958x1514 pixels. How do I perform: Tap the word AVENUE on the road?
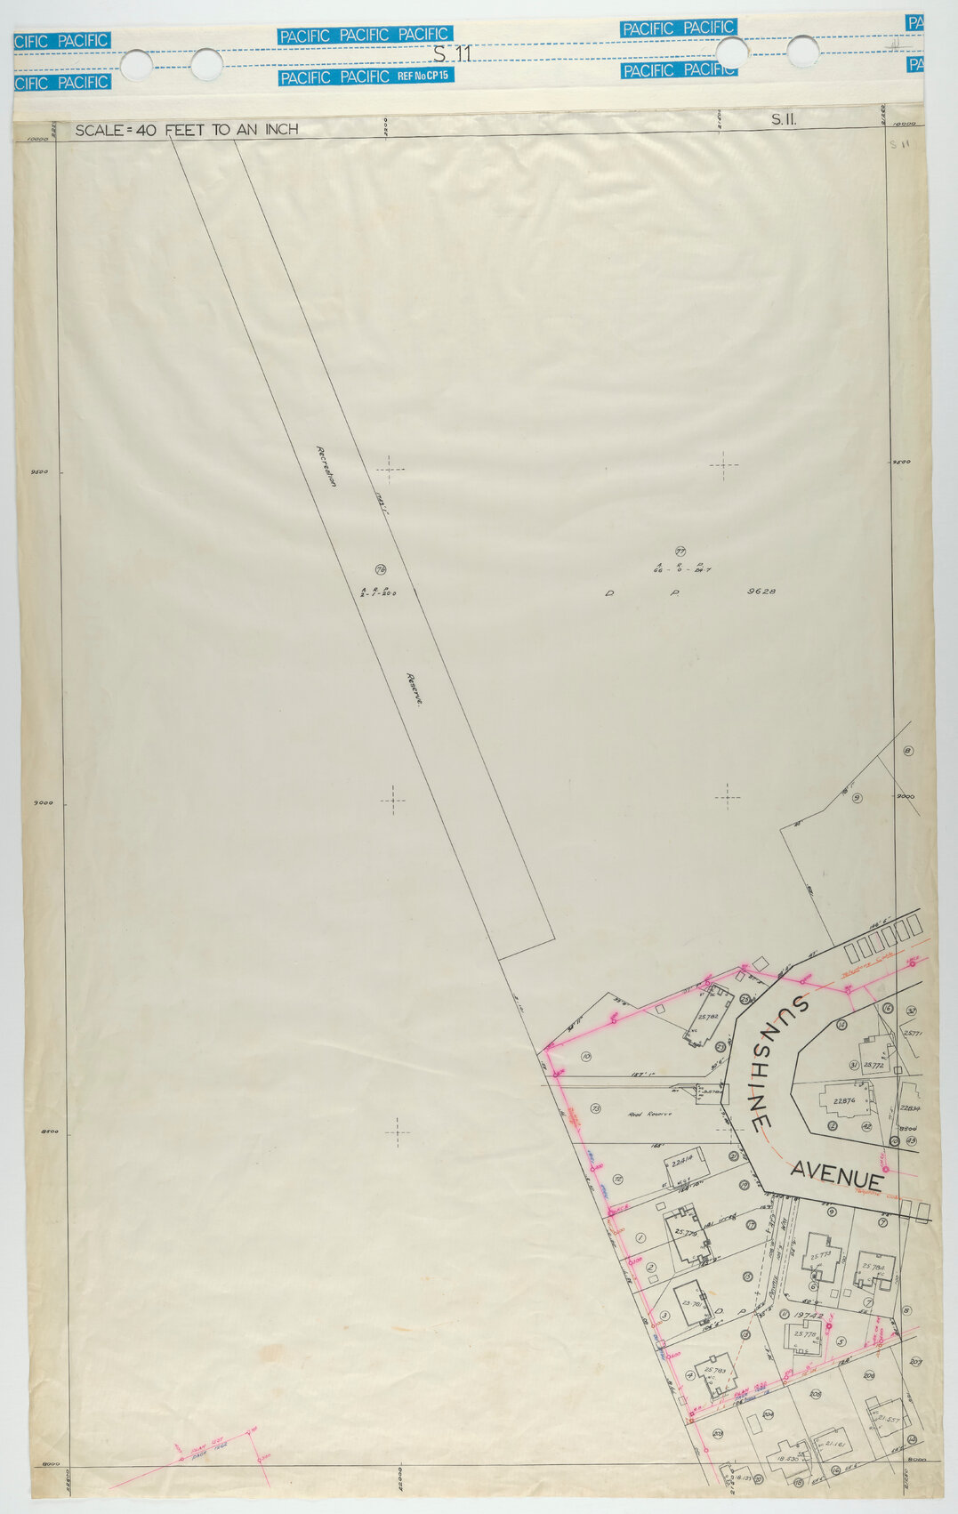tap(837, 1175)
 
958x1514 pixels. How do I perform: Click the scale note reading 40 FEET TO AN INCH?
tap(186, 130)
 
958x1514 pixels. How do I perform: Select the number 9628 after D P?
tap(762, 591)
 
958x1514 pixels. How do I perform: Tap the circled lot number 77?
tap(680, 552)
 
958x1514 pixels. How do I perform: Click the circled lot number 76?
tap(381, 569)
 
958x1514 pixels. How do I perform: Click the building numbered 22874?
tap(844, 1100)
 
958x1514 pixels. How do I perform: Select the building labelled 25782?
tap(708, 1016)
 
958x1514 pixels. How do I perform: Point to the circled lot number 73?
tap(595, 1108)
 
